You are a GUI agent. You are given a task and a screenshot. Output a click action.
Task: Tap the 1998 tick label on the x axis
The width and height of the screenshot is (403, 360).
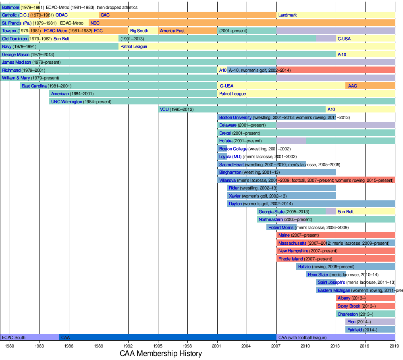pos(187,346)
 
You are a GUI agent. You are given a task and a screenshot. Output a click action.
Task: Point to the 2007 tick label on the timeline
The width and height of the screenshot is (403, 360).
pos(276,346)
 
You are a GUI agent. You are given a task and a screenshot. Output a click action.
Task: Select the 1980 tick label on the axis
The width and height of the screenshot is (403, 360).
pos(10,346)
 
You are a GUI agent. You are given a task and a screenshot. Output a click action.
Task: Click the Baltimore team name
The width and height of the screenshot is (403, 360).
pos(11,7)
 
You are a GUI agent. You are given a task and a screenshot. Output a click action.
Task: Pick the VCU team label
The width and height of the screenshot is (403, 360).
pos(164,109)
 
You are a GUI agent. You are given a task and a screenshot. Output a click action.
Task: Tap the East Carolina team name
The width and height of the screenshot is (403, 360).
pos(34,86)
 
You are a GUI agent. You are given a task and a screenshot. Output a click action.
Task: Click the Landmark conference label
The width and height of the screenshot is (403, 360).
pos(287,15)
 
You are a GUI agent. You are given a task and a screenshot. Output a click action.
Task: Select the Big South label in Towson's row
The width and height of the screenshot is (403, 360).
pos(139,31)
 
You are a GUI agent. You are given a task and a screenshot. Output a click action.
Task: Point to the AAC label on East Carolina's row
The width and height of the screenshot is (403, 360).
pos(352,86)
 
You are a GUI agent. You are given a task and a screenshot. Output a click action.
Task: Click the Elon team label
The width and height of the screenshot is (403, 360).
pos(351,322)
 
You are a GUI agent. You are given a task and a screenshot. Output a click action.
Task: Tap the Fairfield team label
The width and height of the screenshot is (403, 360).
pos(355,330)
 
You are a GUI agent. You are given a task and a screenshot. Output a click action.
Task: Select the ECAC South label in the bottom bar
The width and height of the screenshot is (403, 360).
pos(14,337)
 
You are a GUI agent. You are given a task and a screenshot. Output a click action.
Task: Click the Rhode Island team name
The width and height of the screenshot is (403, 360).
pos(291,259)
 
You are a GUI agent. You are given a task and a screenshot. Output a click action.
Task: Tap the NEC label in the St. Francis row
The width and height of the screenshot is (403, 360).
pos(95,23)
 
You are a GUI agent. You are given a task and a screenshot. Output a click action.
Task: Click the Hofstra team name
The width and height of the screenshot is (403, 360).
pos(226,141)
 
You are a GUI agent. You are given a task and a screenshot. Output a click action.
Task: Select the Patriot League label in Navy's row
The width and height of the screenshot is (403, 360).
pos(133,46)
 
